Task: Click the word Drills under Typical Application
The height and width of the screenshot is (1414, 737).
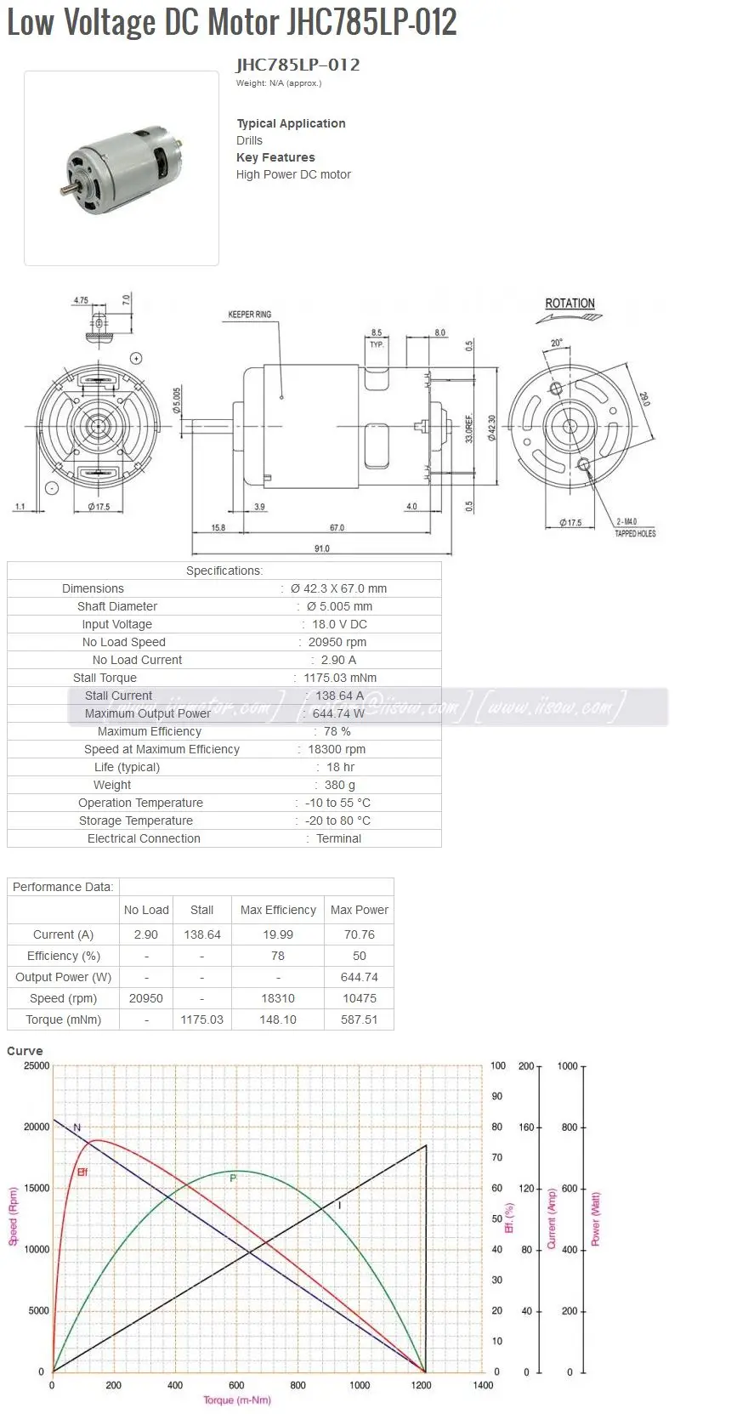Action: click(249, 140)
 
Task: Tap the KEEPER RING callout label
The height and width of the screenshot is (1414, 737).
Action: click(249, 315)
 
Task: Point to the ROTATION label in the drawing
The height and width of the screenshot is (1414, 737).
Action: click(570, 304)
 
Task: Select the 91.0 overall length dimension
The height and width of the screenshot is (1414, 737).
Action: click(321, 548)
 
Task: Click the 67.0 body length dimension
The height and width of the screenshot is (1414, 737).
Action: click(337, 528)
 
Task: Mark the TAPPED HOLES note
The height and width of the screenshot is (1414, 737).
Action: click(635, 534)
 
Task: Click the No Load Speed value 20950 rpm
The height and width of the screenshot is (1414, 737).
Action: click(337, 642)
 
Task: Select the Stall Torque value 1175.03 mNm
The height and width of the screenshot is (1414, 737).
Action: click(339, 678)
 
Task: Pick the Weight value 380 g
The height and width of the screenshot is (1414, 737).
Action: click(339, 785)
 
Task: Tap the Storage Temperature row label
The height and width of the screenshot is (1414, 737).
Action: click(136, 821)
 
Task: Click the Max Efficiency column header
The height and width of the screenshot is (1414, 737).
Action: click(278, 910)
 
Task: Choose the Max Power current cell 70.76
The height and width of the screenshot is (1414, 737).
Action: click(360, 934)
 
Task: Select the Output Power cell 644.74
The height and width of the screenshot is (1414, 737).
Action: click(360, 977)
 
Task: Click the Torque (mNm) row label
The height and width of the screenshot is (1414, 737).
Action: click(64, 1019)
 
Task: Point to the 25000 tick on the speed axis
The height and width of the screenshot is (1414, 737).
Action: click(37, 1065)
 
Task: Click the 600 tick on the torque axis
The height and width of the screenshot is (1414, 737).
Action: click(236, 1385)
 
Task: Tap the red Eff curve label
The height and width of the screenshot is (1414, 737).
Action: click(82, 1173)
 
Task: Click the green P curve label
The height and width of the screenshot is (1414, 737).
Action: click(233, 1178)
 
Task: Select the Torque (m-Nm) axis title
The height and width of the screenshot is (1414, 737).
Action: click(237, 1400)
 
